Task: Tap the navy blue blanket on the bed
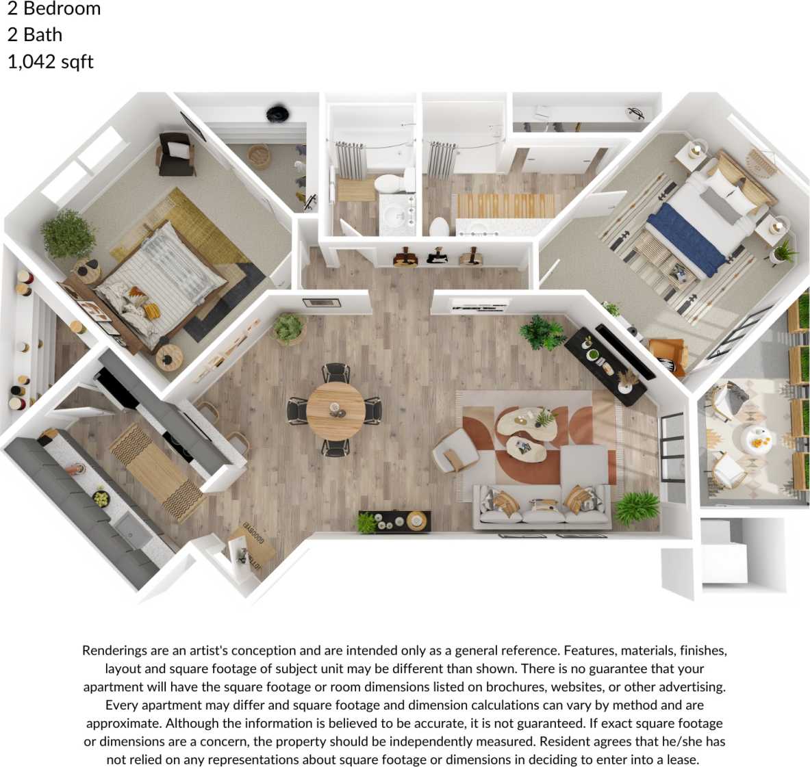click(x=685, y=233)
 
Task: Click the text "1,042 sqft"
click(x=50, y=62)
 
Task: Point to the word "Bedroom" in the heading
click(x=62, y=9)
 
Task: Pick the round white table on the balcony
click(x=758, y=440)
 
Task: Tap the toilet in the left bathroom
click(x=391, y=183)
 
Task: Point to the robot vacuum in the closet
click(x=277, y=114)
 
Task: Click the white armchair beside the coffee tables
click(x=455, y=450)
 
